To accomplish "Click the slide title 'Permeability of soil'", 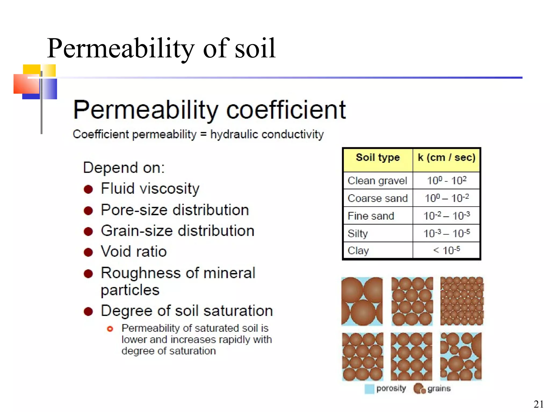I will click(x=161, y=48).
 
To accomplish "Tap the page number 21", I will click(x=538, y=404).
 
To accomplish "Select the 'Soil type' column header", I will click(x=378, y=157).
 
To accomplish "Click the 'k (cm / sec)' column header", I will click(x=447, y=157).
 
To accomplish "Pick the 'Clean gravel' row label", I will click(x=377, y=181).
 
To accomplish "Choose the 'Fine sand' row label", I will click(x=371, y=216).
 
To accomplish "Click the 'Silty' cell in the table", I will click(x=358, y=233).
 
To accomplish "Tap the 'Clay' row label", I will click(x=358, y=251).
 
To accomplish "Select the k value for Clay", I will click(x=447, y=251).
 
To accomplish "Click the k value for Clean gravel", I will click(x=447, y=181).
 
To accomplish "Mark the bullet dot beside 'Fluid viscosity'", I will click(x=88, y=189).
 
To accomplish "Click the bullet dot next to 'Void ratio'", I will click(x=88, y=252).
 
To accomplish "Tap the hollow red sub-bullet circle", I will click(x=110, y=329).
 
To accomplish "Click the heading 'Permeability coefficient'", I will click(x=209, y=110).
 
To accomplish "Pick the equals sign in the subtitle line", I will click(x=203, y=134).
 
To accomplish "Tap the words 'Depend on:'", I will click(x=124, y=168).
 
